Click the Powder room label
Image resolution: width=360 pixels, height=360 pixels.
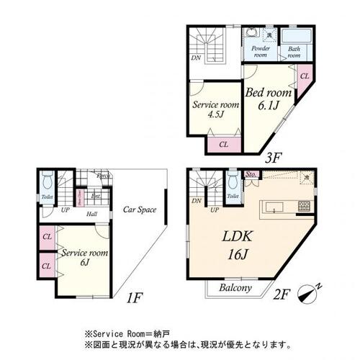(259, 51)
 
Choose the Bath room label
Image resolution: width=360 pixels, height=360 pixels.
(294, 51)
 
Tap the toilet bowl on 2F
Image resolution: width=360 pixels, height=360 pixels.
(233, 180)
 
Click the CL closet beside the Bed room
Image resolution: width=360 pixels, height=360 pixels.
(304, 76)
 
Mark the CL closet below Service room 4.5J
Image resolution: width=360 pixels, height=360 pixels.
(224, 144)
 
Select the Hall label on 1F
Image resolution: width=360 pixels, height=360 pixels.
(93, 214)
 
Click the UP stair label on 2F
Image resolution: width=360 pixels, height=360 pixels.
(215, 210)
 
